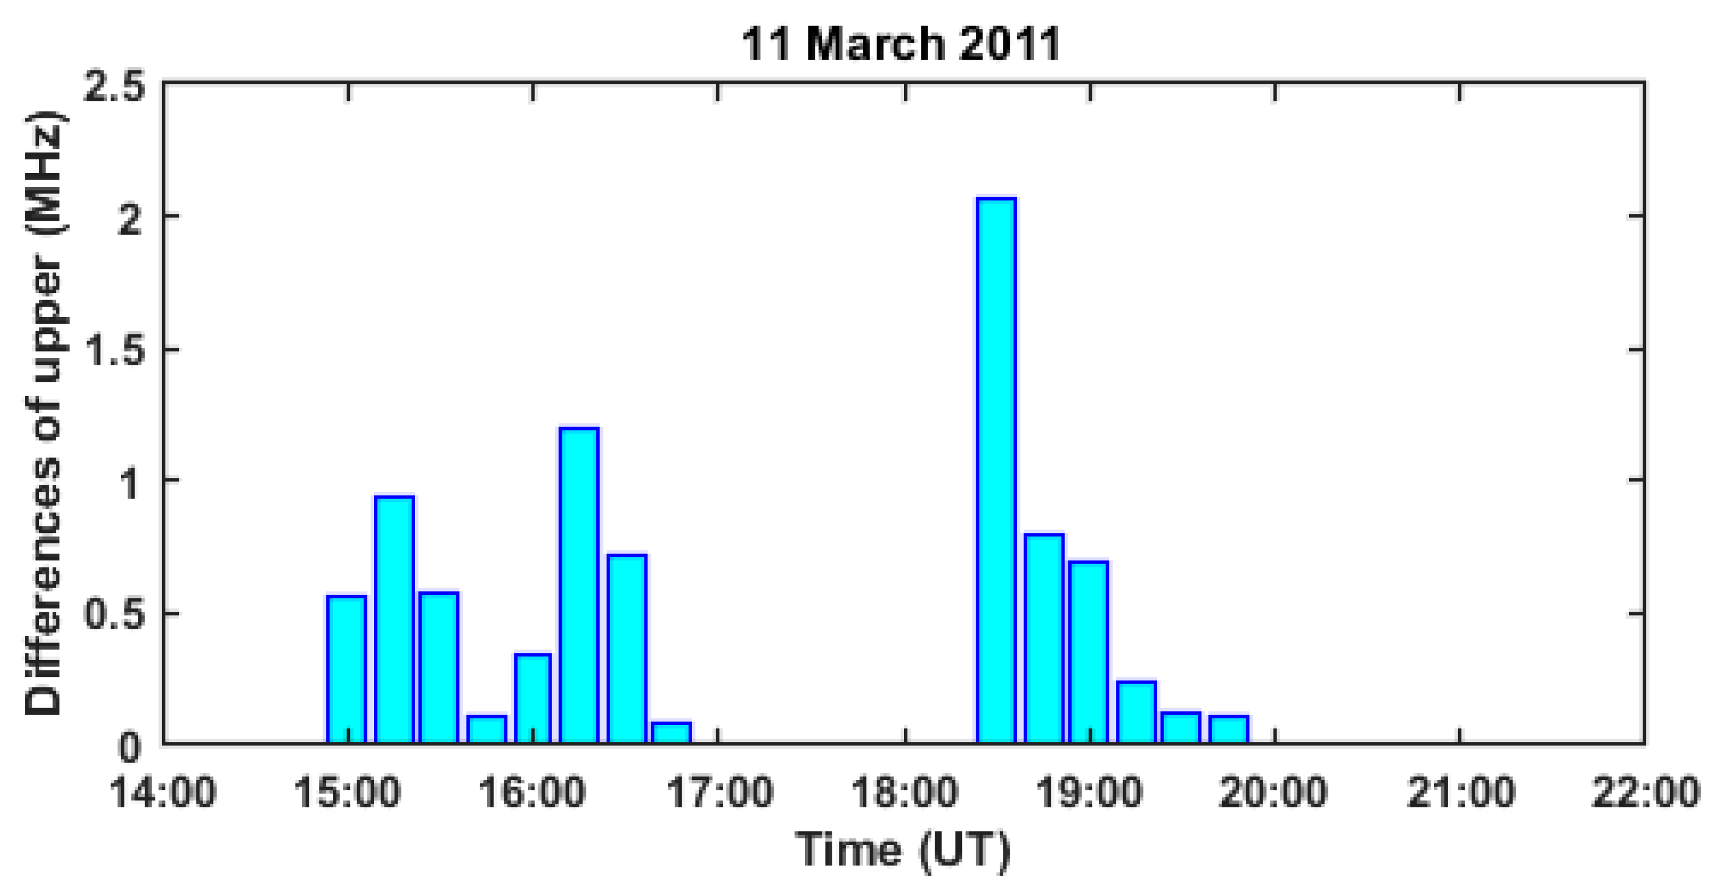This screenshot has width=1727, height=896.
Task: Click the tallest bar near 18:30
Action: click(x=996, y=469)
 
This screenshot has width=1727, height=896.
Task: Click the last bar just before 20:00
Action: click(x=1228, y=729)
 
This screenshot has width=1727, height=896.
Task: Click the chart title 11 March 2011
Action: click(x=900, y=44)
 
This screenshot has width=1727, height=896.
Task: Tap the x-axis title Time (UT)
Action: click(x=902, y=851)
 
